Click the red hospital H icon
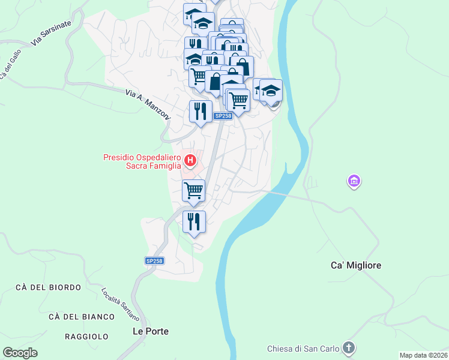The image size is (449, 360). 190,160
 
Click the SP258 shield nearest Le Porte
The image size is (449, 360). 154,260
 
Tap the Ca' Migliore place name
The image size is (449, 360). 356,265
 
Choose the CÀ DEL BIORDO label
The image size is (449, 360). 49,287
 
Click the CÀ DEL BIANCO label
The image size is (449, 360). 82,316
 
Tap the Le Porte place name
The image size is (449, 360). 151,331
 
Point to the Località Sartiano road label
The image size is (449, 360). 120,304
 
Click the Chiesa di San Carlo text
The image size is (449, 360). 303,349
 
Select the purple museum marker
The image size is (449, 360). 354,181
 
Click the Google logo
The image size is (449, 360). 20,353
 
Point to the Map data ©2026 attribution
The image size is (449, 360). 423,355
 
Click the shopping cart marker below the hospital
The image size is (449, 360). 193,191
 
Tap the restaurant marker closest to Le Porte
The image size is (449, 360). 194,222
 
